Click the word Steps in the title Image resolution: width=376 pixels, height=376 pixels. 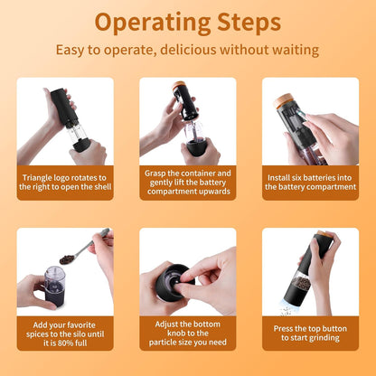pyautogui.click(x=249, y=23)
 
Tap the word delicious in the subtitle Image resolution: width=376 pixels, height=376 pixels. pyautogui.click(x=188, y=50)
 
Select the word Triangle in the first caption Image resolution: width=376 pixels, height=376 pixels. pyautogui.click(x=37, y=178)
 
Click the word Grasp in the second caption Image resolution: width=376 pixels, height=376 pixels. pyautogui.click(x=155, y=174)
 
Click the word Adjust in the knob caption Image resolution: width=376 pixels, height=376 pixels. pyautogui.click(x=166, y=324)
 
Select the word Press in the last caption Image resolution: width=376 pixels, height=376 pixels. pyautogui.click(x=283, y=328)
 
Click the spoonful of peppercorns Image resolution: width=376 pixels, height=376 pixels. pyautogui.click(x=67, y=259)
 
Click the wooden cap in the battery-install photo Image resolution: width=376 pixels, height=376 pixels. pyautogui.click(x=283, y=100)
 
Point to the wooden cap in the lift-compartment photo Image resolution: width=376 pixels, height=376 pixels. pyautogui.click(x=179, y=85)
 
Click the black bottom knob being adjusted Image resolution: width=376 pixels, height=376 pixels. pyautogui.click(x=174, y=282)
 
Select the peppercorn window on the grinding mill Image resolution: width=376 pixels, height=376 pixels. pyautogui.click(x=300, y=282)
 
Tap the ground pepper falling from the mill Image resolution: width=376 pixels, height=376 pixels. pyautogui.click(x=286, y=310)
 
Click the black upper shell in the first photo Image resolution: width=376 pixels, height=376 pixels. pyautogui.click(x=62, y=107)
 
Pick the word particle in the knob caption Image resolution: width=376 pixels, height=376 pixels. pyautogui.click(x=164, y=343)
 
